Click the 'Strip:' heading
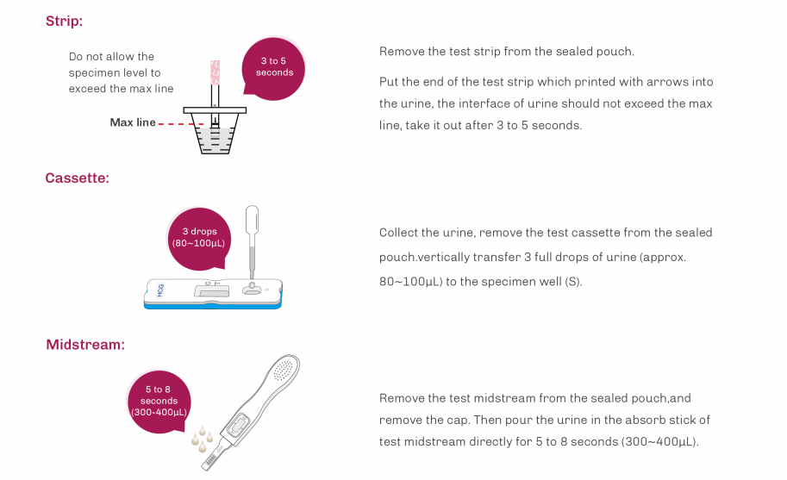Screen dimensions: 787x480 tap(64, 21)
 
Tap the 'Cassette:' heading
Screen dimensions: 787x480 tap(78, 178)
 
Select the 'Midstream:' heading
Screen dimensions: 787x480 tap(85, 345)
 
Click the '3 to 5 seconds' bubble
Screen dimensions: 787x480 tap(273, 68)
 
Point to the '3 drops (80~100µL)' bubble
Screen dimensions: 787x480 tap(199, 238)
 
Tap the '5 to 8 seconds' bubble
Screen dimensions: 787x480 tap(159, 402)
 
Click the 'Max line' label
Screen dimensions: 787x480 tap(133, 122)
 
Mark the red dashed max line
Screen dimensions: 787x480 tap(181, 124)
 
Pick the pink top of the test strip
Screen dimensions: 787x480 tap(215, 72)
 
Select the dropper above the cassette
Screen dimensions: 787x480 tap(252, 240)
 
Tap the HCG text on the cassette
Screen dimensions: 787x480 tap(160, 290)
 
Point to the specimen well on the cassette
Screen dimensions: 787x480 tap(252, 289)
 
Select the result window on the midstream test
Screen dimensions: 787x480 tap(237, 426)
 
